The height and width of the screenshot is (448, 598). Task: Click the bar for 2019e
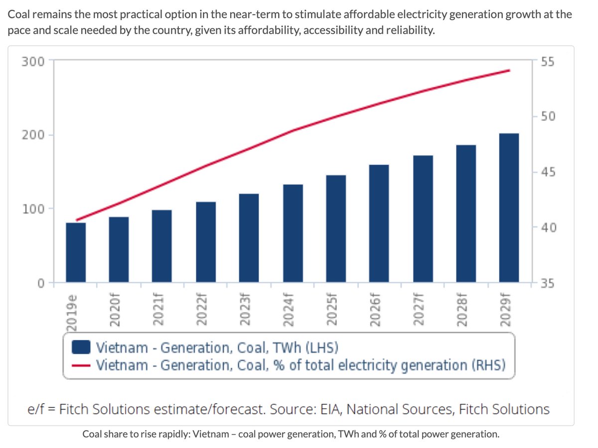[x=76, y=252]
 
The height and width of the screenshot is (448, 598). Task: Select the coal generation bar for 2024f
[x=293, y=233]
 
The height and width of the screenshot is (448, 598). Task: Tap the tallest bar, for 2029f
[x=509, y=208]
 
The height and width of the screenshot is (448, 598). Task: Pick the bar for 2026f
[x=379, y=224]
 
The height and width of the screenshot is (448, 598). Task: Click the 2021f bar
[x=162, y=246]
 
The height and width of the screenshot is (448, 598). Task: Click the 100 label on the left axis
[x=33, y=209]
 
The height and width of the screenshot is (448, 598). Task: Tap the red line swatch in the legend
[x=81, y=365]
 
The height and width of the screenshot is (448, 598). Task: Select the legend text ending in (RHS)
[x=300, y=365]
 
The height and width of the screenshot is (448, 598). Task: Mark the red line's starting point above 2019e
[x=76, y=220]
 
